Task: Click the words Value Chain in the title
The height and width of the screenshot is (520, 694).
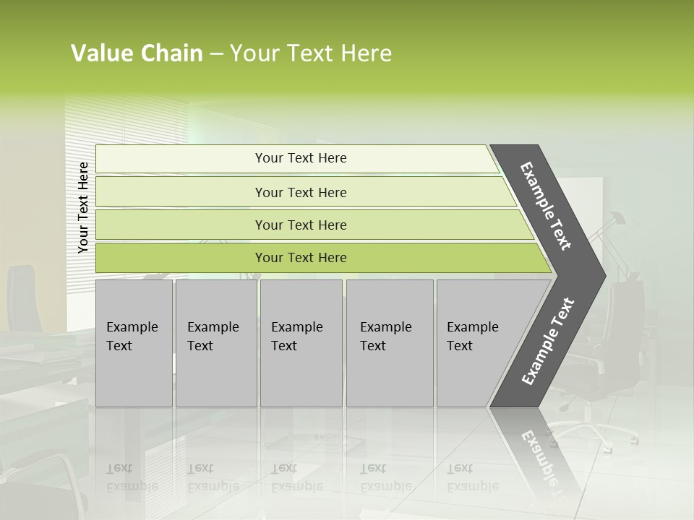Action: coord(137,53)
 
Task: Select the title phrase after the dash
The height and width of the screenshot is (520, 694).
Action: coord(311,53)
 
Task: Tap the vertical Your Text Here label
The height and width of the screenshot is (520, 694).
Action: coord(83,207)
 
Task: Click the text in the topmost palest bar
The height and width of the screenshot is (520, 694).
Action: coord(301,158)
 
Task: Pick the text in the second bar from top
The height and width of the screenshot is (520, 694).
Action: coord(301,192)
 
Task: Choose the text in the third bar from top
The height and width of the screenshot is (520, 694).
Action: coord(301,225)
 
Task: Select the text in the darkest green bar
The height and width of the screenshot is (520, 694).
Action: coord(301,258)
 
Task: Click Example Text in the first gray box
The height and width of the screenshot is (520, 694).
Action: coord(132,337)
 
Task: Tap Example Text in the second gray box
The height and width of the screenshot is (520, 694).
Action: coord(213,337)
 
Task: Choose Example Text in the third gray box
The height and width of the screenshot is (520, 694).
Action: coord(296,337)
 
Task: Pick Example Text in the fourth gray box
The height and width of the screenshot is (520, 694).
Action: coord(385,337)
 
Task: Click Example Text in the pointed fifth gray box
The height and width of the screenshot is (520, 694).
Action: coord(472,337)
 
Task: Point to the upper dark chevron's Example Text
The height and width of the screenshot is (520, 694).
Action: coord(546,207)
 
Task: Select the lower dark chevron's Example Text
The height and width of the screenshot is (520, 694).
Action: coord(548,342)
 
